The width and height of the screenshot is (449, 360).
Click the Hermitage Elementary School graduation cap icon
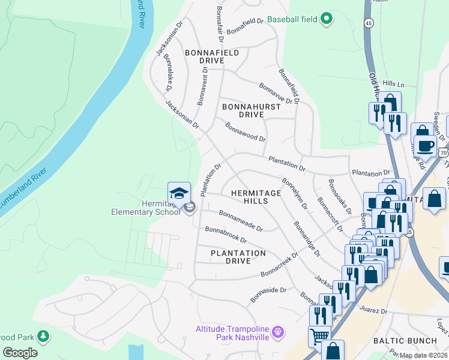pyautogui.click(x=179, y=193)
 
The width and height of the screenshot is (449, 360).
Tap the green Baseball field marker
pyautogui.click(x=327, y=19)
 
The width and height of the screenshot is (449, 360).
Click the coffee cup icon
pyautogui.click(x=426, y=146)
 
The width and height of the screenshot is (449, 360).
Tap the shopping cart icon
pyautogui.click(x=319, y=337)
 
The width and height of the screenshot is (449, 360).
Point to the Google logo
pyautogui.click(x=20, y=353)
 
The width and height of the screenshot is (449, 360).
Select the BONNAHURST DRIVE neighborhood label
pyautogui.click(x=252, y=110)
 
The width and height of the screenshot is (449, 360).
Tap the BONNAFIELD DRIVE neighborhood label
pyautogui.click(x=212, y=57)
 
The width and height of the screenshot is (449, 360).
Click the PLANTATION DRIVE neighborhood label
pyautogui.click(x=238, y=257)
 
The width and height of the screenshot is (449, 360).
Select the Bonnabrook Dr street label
pyautogui.click(x=226, y=236)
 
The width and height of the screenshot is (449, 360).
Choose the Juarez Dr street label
pyautogui.click(x=375, y=312)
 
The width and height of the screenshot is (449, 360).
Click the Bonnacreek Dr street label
pyautogui.click(x=280, y=265)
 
